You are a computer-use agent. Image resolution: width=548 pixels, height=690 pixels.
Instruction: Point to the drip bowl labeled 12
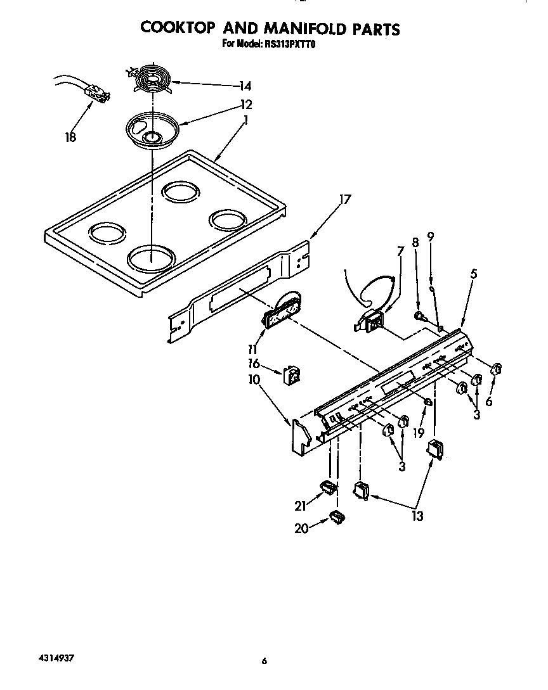151,130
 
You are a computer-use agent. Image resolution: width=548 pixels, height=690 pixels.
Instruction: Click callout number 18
70,137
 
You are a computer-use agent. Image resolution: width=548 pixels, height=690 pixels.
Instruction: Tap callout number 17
344,200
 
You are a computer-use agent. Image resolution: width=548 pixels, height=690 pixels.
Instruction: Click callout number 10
254,380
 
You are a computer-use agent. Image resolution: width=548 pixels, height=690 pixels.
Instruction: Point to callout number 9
431,238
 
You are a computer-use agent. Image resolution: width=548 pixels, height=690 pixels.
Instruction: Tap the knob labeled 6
497,369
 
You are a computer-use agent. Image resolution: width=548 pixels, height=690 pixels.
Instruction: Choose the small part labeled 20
336,517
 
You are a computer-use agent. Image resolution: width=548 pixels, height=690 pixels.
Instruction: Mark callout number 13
417,516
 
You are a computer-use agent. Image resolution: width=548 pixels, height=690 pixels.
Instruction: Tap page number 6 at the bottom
264,662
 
